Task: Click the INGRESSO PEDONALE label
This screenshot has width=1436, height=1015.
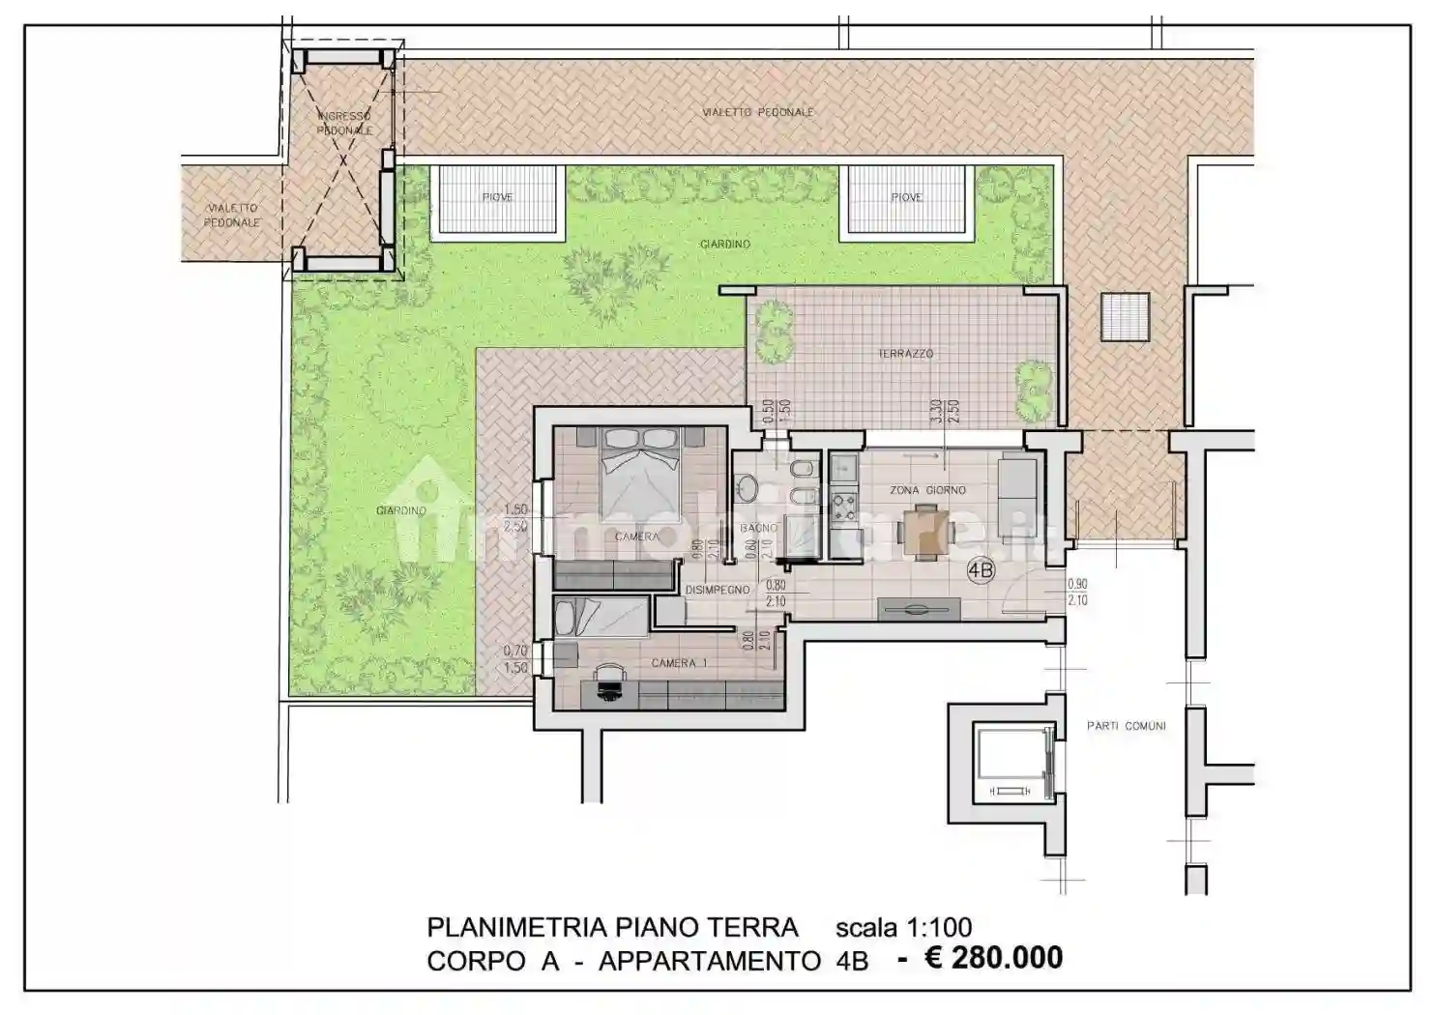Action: pyautogui.click(x=343, y=123)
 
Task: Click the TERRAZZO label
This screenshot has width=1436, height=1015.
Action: pyautogui.click(x=905, y=354)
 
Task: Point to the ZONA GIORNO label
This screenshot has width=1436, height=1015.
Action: pyautogui.click(x=927, y=490)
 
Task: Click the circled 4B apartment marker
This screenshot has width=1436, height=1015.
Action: pyautogui.click(x=981, y=571)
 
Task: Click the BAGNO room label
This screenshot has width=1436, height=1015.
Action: pyautogui.click(x=759, y=528)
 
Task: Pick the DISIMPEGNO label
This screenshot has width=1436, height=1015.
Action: pyautogui.click(x=718, y=590)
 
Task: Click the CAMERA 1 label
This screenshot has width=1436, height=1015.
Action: pyautogui.click(x=679, y=663)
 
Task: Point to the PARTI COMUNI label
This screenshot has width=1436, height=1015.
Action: pyautogui.click(x=1126, y=725)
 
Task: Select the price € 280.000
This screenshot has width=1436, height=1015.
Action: pyautogui.click(x=980, y=958)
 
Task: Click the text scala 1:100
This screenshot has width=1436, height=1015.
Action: pyautogui.click(x=903, y=927)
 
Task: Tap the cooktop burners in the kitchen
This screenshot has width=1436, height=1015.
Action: pyautogui.click(x=843, y=506)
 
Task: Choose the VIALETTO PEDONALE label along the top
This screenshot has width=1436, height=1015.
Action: pyautogui.click(x=757, y=112)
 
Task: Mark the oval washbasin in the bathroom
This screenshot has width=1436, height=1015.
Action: pyautogui.click(x=748, y=486)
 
